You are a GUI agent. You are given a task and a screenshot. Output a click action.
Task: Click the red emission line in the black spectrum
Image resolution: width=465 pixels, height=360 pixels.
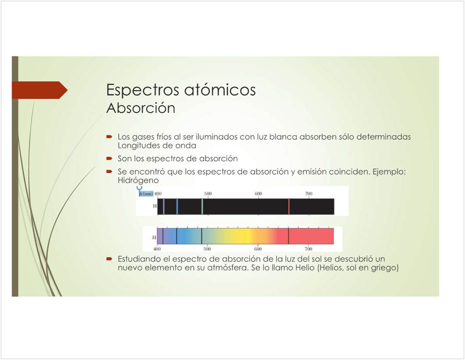click(x=289, y=206)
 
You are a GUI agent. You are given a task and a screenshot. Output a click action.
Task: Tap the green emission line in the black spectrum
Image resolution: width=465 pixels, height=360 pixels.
click(x=202, y=206)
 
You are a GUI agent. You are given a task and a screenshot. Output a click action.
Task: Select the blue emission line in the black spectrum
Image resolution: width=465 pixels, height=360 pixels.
click(x=177, y=206)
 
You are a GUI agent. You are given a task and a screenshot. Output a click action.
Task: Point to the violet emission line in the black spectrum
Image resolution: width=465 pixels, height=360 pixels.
click(x=164, y=206)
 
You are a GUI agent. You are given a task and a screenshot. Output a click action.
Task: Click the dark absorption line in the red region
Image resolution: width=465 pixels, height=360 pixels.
click(x=289, y=236)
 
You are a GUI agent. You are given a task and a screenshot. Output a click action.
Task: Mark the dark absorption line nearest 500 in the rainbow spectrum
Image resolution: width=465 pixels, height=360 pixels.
click(x=202, y=236)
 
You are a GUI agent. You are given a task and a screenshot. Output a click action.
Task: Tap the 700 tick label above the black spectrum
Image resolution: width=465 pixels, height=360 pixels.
click(x=309, y=194)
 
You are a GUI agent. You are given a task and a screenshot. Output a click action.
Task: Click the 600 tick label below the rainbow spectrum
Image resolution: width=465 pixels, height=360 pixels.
click(x=258, y=249)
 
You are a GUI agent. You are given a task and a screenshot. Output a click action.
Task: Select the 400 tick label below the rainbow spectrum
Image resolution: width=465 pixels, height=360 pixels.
click(x=157, y=249)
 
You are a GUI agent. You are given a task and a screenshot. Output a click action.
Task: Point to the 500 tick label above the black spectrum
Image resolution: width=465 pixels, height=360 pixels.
click(x=208, y=194)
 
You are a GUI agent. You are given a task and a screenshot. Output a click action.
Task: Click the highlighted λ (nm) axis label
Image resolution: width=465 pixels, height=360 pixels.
click(x=146, y=194)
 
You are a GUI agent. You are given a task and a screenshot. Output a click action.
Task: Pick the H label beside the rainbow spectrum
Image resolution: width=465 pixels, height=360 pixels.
click(x=154, y=237)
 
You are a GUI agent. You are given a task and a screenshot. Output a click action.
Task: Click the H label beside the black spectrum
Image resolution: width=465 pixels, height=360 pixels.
click(x=155, y=206)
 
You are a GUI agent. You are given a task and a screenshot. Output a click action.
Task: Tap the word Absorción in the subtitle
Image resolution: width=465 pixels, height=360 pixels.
click(x=141, y=108)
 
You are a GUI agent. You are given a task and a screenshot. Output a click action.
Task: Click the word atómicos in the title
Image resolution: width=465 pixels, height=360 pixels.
click(x=220, y=89)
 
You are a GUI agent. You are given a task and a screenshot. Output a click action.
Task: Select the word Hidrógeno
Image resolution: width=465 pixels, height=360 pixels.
click(x=138, y=180)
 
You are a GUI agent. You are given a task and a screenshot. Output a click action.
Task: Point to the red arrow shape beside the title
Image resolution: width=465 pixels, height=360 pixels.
click(x=40, y=90)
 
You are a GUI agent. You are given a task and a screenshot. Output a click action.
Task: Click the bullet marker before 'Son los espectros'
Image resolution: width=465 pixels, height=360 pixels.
click(x=109, y=159)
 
